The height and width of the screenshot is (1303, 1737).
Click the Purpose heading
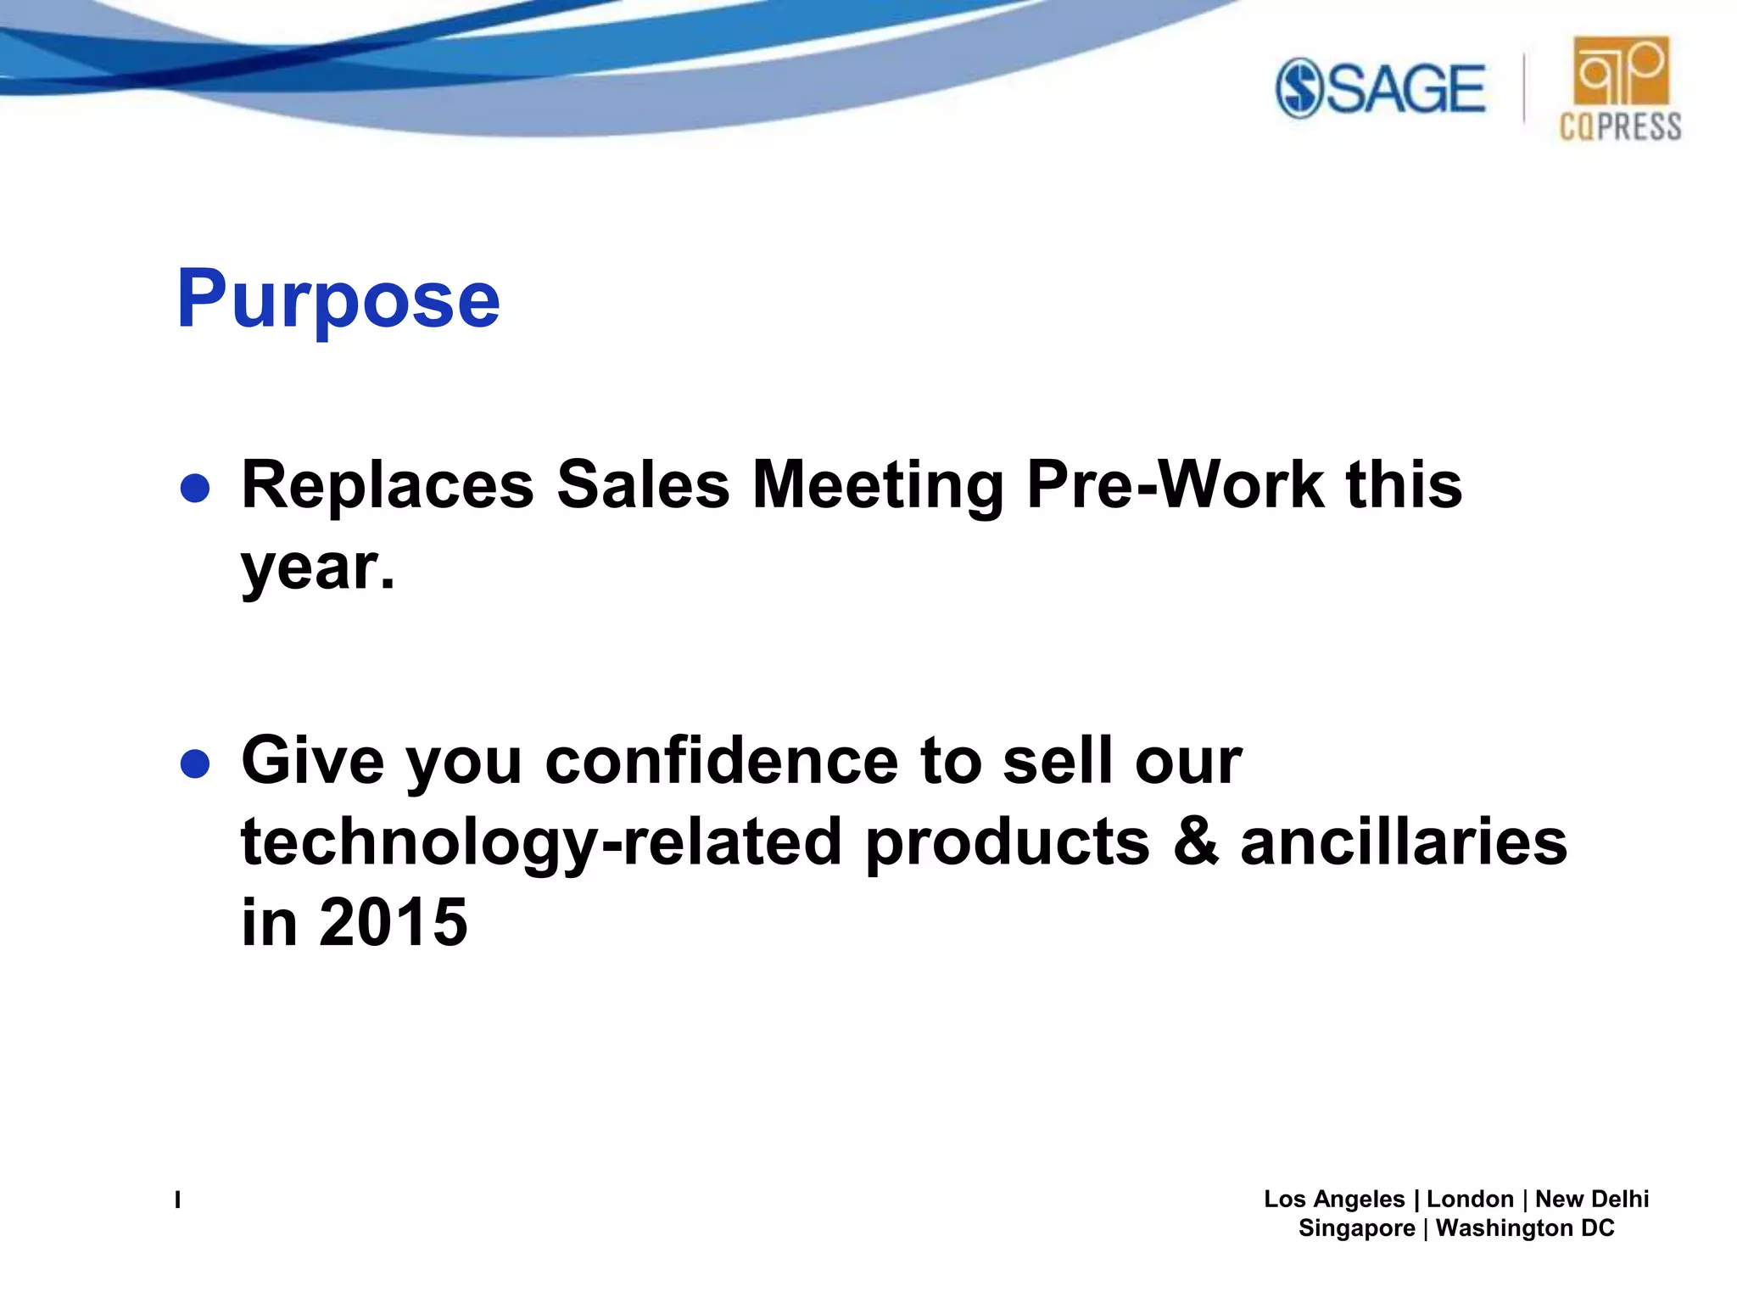point(338,300)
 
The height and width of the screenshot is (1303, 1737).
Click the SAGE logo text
point(1405,88)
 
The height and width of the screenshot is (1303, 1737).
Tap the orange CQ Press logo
point(1621,88)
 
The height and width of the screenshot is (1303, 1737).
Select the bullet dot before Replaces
point(195,488)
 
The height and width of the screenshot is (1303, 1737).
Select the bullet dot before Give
point(195,763)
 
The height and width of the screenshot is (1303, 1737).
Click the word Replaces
point(388,485)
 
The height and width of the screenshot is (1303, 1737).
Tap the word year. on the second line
point(318,568)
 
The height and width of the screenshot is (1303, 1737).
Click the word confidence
point(721,761)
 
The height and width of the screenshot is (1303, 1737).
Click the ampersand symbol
point(1196,842)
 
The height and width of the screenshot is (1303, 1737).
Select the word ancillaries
point(1404,842)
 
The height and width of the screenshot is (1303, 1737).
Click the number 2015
point(393,923)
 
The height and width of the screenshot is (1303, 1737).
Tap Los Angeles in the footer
point(1334,1199)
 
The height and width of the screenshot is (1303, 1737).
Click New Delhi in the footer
point(1592,1199)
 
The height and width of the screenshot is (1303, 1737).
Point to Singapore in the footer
point(1356,1228)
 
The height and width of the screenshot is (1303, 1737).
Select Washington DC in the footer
point(1525,1228)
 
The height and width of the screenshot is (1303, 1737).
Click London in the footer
point(1470,1199)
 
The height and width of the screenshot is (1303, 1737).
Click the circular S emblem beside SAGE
point(1299,88)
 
